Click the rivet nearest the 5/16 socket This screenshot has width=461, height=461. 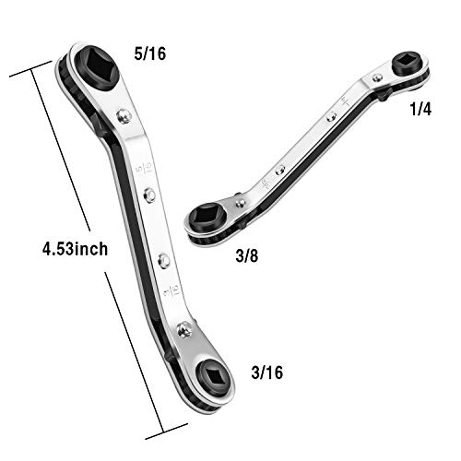[x=124, y=117]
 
